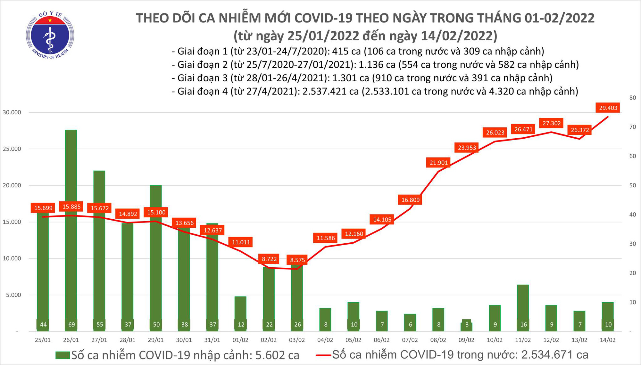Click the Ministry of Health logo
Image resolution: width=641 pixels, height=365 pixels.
pos(50,35)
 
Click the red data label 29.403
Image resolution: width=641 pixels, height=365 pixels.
pos(608,108)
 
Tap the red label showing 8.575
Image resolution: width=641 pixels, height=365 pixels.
pos(297,260)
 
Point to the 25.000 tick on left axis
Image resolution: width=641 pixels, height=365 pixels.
pos(12,149)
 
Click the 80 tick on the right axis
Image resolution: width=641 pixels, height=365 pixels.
pos(633,98)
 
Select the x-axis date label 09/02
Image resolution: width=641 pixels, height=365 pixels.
pos(466,340)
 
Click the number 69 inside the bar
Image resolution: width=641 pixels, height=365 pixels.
pos(71,325)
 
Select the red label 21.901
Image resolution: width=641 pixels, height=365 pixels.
pos(438,163)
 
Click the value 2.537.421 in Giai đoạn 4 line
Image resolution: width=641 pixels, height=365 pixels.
pos(324,92)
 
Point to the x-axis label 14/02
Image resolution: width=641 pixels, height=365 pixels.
pos(608,340)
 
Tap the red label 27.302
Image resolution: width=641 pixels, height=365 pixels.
pos(552,123)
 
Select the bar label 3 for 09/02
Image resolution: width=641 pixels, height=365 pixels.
pos(467,325)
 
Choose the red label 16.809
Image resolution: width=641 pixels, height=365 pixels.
pos(410,200)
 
